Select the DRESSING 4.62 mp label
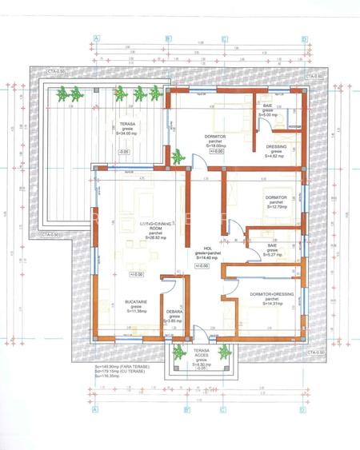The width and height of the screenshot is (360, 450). (274, 151)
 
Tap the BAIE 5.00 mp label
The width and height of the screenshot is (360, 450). (268, 110)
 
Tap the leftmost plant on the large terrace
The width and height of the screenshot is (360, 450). (62, 94)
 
